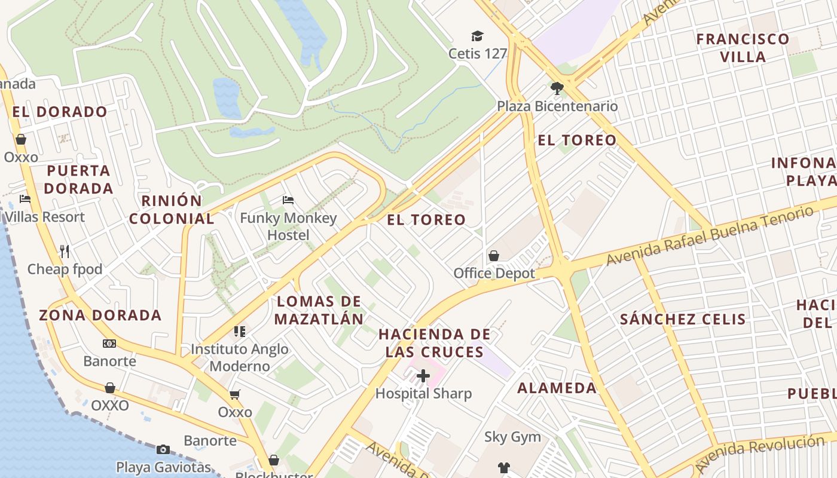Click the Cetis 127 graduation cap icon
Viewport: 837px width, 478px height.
[x=477, y=36]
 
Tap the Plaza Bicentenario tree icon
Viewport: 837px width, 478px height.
[x=557, y=89]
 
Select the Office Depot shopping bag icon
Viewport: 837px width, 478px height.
[x=494, y=256]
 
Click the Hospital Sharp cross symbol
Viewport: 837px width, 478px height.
[x=423, y=376]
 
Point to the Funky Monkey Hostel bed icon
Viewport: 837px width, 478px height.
[x=288, y=200]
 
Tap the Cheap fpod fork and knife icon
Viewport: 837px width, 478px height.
[x=65, y=252]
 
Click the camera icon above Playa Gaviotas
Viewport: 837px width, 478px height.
[x=163, y=449]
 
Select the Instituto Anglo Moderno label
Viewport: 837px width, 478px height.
[x=240, y=357]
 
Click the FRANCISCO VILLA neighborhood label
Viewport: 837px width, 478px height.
[x=743, y=48]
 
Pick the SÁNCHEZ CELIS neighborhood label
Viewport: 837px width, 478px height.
[x=683, y=319]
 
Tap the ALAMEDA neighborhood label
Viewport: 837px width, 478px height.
[x=557, y=388]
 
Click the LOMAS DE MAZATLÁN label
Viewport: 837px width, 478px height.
[x=319, y=310]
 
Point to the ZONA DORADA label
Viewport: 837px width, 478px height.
[x=100, y=315]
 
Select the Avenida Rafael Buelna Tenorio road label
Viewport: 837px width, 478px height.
[x=710, y=235]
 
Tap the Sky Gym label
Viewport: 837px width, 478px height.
[x=512, y=437]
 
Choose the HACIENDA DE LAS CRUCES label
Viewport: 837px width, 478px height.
[x=435, y=343]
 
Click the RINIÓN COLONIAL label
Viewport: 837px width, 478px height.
[x=172, y=210]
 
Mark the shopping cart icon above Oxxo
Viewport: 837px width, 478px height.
[x=235, y=395]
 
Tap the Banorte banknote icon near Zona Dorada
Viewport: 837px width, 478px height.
[x=109, y=344]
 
